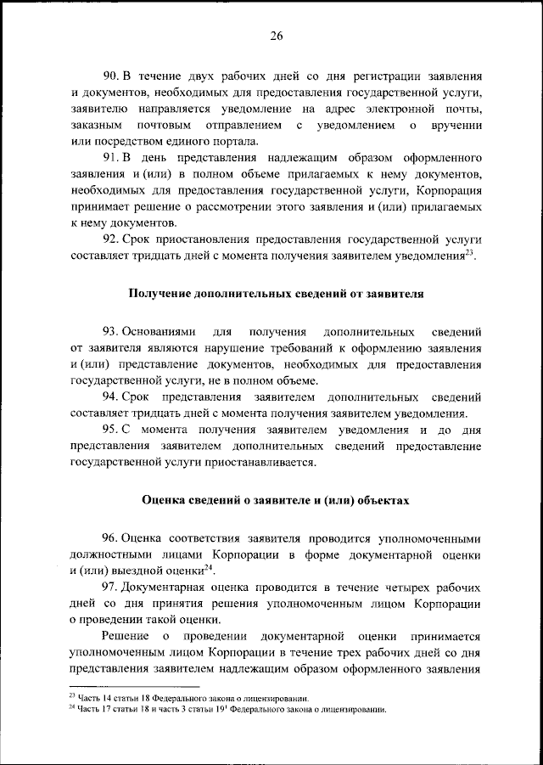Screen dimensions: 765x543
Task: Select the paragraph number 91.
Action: coord(109,159)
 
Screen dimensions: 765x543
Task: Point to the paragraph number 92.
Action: coord(109,240)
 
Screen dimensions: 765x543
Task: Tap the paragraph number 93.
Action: coord(109,329)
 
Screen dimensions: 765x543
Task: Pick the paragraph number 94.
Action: coord(109,397)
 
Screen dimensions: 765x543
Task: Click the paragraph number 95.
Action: coord(109,430)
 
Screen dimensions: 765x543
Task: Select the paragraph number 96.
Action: coord(109,537)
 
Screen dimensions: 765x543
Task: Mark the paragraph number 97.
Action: coord(109,587)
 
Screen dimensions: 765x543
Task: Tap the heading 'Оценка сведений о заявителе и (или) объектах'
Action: coord(276,501)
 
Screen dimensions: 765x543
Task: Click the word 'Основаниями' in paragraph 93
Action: coord(157,329)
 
